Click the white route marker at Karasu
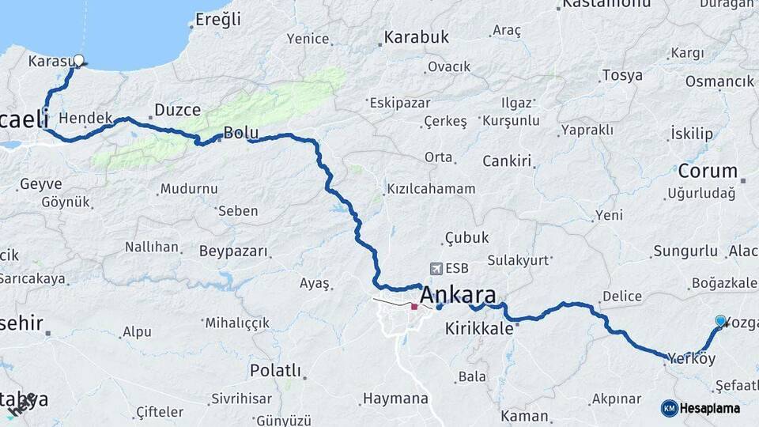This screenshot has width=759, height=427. pos(78,59)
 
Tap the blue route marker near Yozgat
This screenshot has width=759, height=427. pos(720,320)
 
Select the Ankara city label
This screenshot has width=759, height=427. pos(458,296)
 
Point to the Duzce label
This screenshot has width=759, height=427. pos(177,110)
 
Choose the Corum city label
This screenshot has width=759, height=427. pos(708,171)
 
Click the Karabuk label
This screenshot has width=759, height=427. pos(416,37)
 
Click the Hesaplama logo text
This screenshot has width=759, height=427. pos(710,408)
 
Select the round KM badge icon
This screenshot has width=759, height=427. pos(669,408)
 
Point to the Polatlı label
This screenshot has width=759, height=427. pos(275,370)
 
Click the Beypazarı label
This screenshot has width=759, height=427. pos(234,251)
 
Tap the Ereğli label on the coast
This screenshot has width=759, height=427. pos(217,20)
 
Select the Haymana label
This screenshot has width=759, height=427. pos(395,399)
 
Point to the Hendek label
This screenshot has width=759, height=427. pos(85,117)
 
